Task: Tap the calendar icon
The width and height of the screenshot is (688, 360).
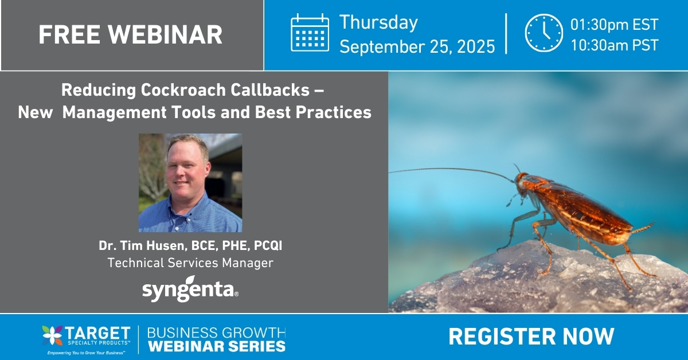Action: [x=310, y=33]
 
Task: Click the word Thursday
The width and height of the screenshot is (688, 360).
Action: [x=378, y=23]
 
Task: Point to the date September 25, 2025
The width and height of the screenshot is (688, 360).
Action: [x=417, y=46]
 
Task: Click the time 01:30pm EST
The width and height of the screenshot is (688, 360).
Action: [x=614, y=25]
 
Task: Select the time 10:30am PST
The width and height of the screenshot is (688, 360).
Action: [x=614, y=45]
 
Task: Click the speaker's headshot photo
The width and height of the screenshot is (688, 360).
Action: [x=190, y=183]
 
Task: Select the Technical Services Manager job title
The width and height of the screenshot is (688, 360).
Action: [x=190, y=263]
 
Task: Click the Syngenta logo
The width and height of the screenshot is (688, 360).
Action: [x=190, y=291]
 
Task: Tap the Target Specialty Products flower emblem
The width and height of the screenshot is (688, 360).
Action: [x=52, y=335]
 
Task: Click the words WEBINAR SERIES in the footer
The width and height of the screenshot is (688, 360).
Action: [x=217, y=346]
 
